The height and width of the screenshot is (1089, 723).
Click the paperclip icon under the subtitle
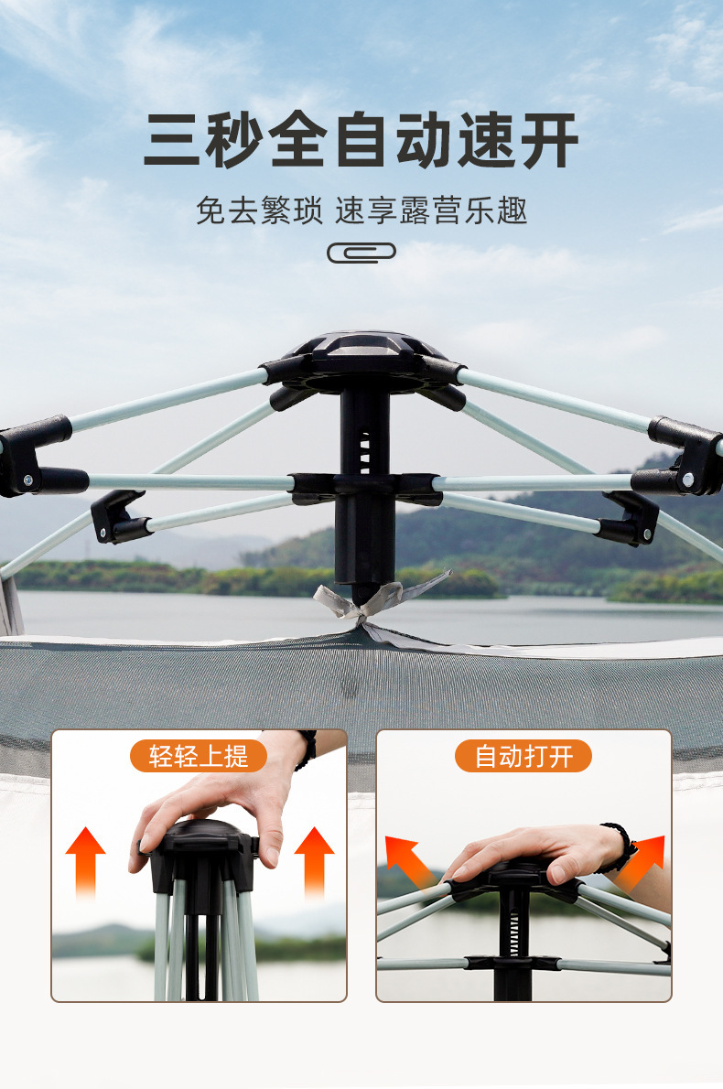pos(361,253)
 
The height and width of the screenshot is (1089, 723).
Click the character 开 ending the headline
pos(548,140)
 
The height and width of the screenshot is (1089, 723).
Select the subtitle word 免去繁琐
pos(259,211)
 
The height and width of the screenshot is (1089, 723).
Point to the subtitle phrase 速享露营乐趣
pos(432,211)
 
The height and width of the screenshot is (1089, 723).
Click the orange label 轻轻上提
pos(198,756)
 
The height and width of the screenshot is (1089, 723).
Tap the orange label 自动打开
pos(523,756)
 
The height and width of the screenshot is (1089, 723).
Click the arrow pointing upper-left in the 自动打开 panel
pos(407,860)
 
